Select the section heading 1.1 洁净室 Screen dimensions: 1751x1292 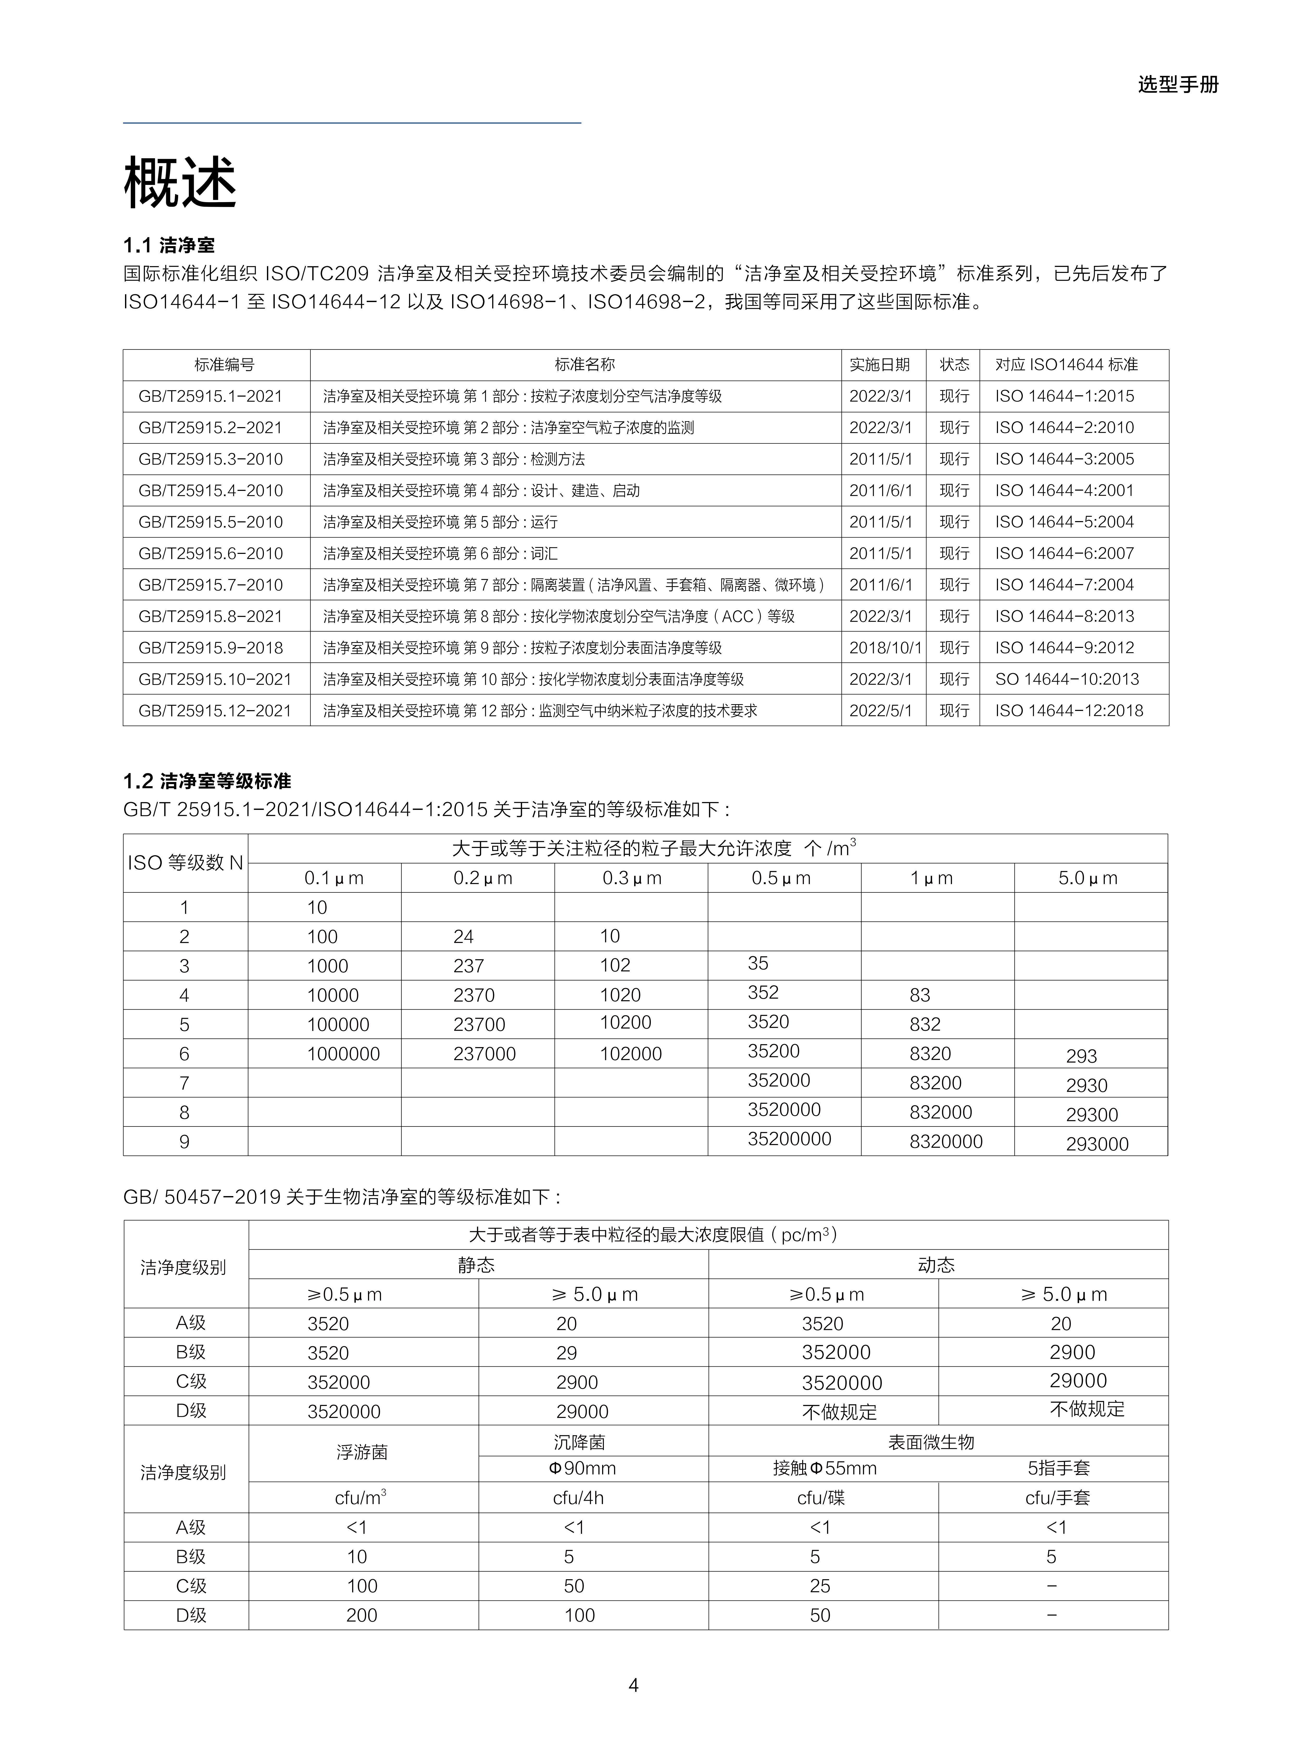pyautogui.click(x=169, y=246)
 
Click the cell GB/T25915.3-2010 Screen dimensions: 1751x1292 pyautogui.click(x=210, y=459)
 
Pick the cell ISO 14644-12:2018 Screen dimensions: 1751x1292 pyautogui.click(x=1068, y=710)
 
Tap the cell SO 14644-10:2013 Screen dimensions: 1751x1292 pyautogui.click(x=1067, y=679)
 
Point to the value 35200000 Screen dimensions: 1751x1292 pyautogui.click(x=789, y=1139)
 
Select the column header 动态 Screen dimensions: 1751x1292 pyautogui.click(x=936, y=1265)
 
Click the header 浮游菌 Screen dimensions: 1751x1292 pyautogui.click(x=362, y=1452)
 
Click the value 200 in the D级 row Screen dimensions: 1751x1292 pyautogui.click(x=361, y=1615)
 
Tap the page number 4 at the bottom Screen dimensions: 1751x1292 pyautogui.click(x=633, y=1685)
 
